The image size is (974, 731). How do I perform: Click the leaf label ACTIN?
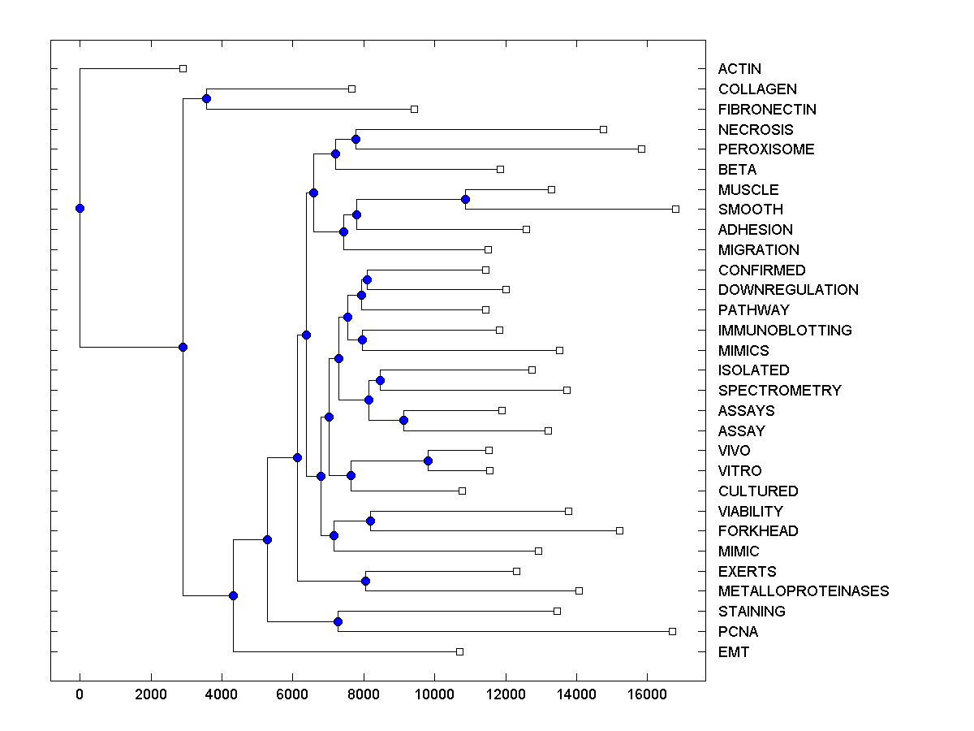(739, 69)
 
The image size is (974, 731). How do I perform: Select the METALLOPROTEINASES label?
(804, 591)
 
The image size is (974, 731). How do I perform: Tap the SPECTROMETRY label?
(779, 391)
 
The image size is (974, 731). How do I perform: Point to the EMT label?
(734, 652)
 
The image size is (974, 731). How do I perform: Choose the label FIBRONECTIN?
(767, 110)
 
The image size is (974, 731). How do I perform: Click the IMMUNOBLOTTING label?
(785, 331)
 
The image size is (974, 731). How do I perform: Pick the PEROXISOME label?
(766, 149)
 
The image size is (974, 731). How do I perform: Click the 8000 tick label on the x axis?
(363, 694)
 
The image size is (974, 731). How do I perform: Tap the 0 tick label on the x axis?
(80, 694)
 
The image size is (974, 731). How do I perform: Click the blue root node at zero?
(80, 208)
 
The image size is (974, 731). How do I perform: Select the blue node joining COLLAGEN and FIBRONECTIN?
(206, 98)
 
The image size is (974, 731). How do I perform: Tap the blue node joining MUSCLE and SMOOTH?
(465, 199)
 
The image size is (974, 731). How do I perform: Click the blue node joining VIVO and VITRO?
(428, 461)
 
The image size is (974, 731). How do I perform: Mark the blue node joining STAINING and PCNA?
(338, 621)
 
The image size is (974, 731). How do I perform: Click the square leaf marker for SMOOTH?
(675, 209)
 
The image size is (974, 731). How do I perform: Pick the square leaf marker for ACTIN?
(183, 68)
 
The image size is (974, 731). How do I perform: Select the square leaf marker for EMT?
(459, 651)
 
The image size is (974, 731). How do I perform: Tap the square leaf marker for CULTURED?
(462, 491)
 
